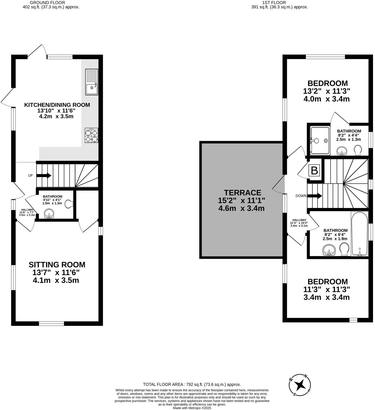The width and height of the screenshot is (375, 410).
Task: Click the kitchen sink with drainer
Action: pos(91,82)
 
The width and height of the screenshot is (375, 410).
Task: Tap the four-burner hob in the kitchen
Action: pos(91,135)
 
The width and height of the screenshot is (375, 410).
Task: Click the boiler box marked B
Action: pos(314,171)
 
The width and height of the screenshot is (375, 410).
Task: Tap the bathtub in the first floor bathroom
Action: pos(359,234)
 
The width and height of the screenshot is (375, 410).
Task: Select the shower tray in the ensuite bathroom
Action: pos(320,140)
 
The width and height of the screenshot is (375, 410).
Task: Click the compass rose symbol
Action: pos(300,385)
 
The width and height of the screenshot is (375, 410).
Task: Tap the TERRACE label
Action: pos(242,193)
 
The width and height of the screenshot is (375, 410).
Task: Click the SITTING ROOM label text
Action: pos(57,265)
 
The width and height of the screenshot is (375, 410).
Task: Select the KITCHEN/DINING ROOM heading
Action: pos(57,105)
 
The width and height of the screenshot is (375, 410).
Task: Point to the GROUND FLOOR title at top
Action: pos(51,3)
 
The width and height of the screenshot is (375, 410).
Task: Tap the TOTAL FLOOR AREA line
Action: pos(192,385)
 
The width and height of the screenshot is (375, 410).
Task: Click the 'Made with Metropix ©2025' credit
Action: pos(192,408)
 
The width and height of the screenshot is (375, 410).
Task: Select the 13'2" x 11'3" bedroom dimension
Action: pos(326,91)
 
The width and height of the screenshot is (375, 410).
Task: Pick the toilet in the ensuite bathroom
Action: pos(358,150)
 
